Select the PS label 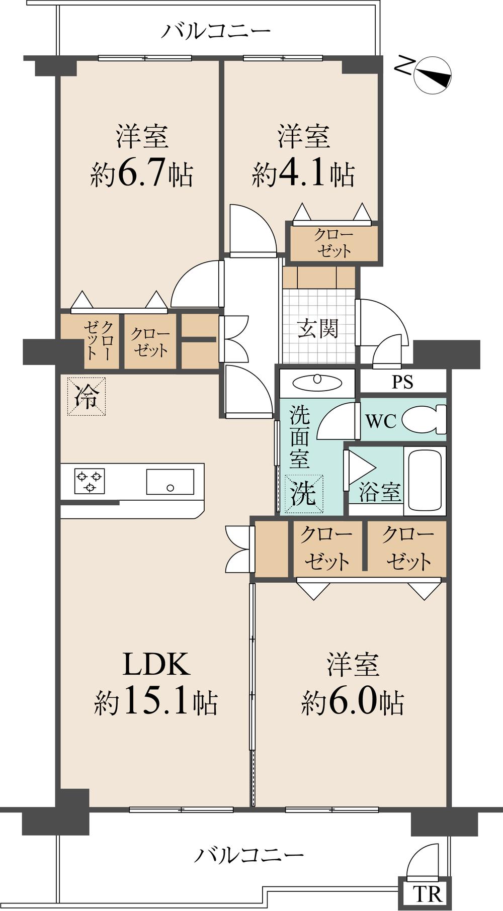403,382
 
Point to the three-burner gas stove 90,481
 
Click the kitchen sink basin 170,482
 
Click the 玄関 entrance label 318,329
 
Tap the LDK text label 157,664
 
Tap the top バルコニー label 215,31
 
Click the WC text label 381,421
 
